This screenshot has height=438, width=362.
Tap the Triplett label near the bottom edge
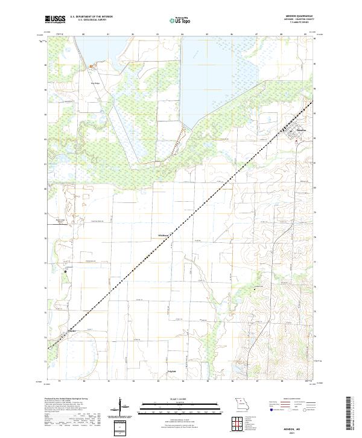(172, 372)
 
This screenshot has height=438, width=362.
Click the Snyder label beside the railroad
(72, 330)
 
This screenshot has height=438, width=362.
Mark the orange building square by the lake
(91, 66)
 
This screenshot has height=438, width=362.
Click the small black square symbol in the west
(67, 271)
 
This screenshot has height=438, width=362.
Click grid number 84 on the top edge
(183, 35)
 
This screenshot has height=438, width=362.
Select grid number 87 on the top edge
(257, 35)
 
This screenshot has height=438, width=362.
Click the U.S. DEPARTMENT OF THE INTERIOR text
(91, 17)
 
